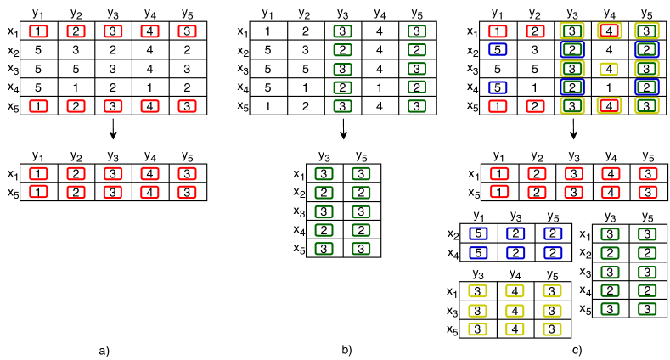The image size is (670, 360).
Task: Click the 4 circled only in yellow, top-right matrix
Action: [x=609, y=69]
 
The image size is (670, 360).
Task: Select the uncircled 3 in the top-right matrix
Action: [x=535, y=50]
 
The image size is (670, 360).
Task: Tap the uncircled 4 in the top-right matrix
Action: [x=609, y=50]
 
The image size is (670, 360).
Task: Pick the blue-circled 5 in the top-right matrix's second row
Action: [x=498, y=50]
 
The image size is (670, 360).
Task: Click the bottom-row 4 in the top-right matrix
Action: [x=609, y=105]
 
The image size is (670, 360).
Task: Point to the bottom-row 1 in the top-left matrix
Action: [x=38, y=105]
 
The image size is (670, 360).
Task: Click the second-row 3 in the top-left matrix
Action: [x=76, y=50]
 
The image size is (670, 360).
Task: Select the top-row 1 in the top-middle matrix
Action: [x=267, y=31]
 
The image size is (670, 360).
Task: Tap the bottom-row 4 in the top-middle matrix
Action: [x=380, y=105]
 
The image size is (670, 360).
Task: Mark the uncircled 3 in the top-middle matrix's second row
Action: [x=305, y=50]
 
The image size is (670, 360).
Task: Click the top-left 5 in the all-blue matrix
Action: [x=479, y=233]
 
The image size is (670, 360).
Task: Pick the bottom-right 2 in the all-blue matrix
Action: [x=552, y=252]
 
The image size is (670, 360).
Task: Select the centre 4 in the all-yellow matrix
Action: [x=515, y=310]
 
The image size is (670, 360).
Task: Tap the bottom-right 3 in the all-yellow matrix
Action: [x=552, y=329]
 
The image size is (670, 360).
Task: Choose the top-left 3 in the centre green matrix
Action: [x=324, y=174]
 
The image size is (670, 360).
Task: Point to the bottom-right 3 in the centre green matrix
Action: [x=361, y=248]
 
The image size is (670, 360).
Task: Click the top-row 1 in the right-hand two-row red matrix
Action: [x=499, y=174]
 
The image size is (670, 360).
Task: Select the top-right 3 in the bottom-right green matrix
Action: [x=647, y=233]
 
